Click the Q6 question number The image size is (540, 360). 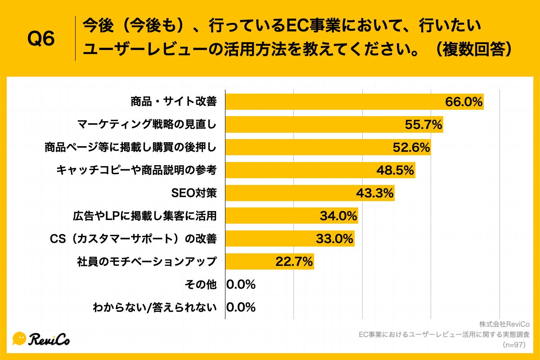click(x=41, y=39)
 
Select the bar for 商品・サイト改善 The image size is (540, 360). click(x=333, y=102)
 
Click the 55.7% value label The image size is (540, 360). click(x=423, y=125)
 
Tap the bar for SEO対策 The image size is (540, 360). click(x=288, y=193)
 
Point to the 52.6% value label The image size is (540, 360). click(x=411, y=148)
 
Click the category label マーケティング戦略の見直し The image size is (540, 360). click(x=147, y=125)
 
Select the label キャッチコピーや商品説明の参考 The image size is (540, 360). click(x=137, y=170)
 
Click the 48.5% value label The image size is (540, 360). click(x=395, y=170)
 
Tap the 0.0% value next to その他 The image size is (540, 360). click(x=241, y=284)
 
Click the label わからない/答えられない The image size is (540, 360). click(x=155, y=307)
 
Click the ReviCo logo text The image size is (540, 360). click(x=49, y=339)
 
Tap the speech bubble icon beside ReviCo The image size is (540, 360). click(x=19, y=338)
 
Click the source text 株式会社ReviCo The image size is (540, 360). click(x=504, y=324)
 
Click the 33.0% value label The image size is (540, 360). click(x=334, y=238)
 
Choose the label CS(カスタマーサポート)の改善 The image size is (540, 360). click(x=133, y=238)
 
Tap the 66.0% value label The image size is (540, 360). click(x=463, y=102)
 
